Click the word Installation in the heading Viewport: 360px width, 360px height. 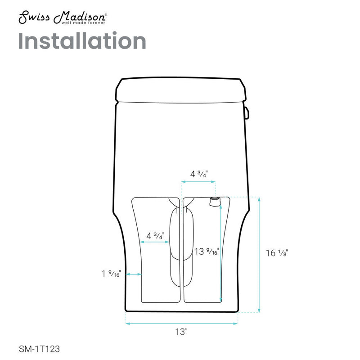click(x=82, y=41)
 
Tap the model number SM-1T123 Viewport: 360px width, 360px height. click(x=40, y=348)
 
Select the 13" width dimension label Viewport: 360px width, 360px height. click(x=181, y=333)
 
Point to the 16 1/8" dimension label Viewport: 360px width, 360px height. click(x=277, y=253)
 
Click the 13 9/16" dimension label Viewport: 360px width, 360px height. click(x=207, y=252)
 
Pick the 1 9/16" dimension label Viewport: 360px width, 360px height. click(x=111, y=273)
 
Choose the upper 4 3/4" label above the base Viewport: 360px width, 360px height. click(x=199, y=174)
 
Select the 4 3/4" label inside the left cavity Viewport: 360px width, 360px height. click(x=155, y=235)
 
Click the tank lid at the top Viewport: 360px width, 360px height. click(x=182, y=89)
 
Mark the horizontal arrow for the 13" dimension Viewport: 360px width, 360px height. click(x=181, y=323)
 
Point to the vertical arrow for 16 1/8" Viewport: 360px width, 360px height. click(x=259, y=254)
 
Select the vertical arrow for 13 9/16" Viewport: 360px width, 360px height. click(x=220, y=252)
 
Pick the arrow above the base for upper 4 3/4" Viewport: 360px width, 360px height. click(x=198, y=182)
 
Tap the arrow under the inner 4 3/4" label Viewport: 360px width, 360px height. click(x=155, y=242)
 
